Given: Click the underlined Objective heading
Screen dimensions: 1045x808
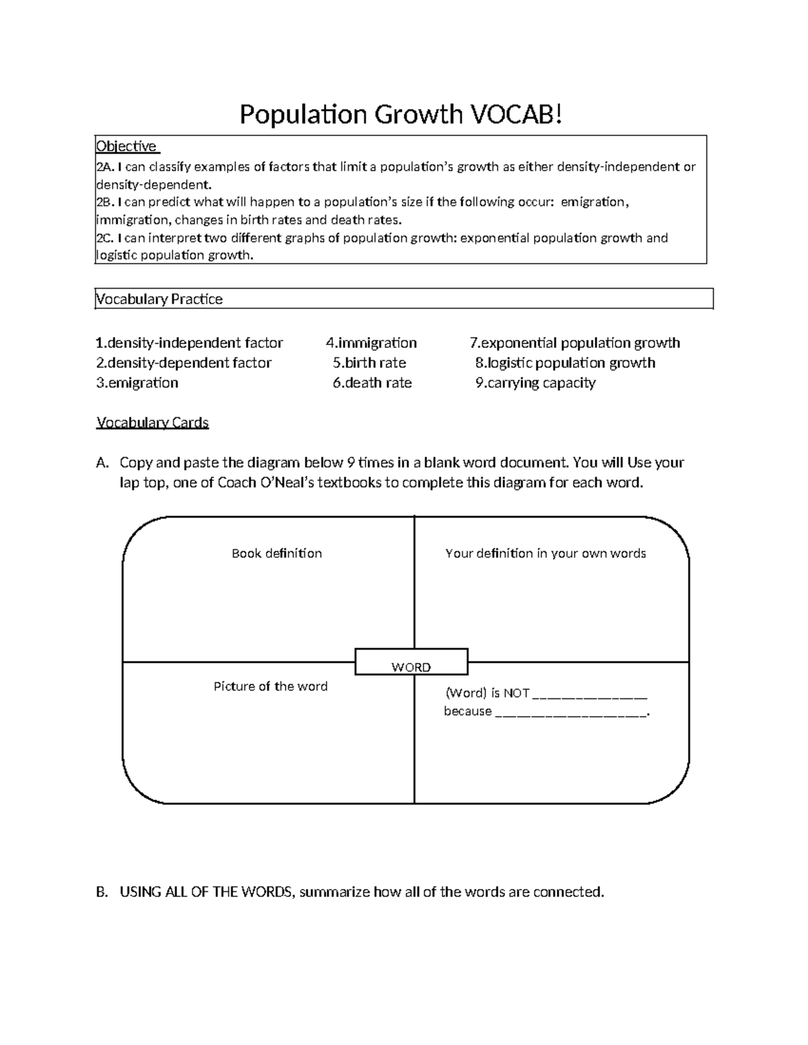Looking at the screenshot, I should [127, 147].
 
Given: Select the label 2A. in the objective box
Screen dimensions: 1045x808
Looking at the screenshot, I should [105, 167].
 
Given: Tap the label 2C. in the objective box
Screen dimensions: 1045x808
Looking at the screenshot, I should [105, 238].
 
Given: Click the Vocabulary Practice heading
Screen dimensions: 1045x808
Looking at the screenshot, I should [160, 299].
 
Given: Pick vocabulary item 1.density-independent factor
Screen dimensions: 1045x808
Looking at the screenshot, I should [189, 343].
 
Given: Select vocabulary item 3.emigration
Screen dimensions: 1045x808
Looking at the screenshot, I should [137, 383].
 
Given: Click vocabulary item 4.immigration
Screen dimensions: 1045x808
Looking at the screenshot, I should [371, 343].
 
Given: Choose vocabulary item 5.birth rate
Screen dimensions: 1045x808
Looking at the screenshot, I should [370, 363].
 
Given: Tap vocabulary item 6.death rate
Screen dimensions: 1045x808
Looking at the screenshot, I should [372, 383].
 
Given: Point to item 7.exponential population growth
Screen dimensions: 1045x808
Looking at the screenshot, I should [574, 343].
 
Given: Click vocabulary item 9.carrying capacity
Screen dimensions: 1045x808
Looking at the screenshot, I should [535, 383].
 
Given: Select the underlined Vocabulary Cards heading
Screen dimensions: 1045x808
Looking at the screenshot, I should [153, 423].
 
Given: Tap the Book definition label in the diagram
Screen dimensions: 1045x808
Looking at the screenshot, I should [277, 553].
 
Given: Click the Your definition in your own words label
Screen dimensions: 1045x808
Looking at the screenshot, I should [545, 553].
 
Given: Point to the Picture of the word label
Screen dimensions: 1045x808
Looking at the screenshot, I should [271, 686].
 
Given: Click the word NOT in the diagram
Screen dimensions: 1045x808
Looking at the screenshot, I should [516, 693].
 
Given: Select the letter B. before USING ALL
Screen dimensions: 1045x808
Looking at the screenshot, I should [102, 892].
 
